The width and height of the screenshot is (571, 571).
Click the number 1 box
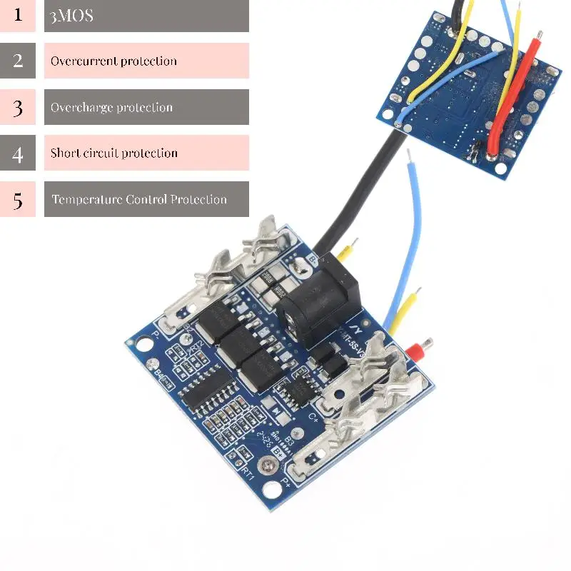[18, 15]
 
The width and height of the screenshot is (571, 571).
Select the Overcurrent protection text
[113, 61]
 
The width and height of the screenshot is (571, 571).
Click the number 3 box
[18, 107]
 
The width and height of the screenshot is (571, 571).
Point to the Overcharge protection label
[111, 108]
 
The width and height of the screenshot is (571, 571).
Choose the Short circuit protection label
[114, 153]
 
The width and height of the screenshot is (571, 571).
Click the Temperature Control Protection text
[139, 199]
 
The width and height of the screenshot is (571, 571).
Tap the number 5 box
[18, 199]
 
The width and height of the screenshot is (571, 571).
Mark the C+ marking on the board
[313, 420]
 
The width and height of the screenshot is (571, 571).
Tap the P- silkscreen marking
[158, 333]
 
